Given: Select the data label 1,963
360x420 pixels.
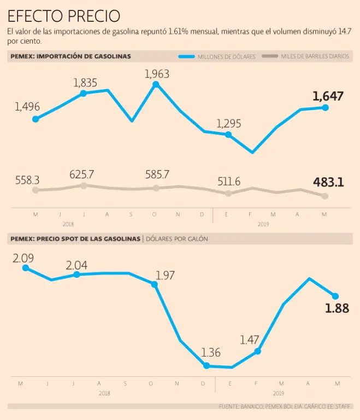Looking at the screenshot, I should coord(157,74).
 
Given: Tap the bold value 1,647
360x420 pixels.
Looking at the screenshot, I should coord(328,97).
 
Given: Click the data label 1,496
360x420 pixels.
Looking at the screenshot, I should coord(27,107).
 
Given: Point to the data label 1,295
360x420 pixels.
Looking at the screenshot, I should coord(228,124).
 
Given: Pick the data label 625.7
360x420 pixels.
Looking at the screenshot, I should coord(82,175).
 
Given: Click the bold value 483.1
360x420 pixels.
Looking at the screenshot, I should coord(328,182).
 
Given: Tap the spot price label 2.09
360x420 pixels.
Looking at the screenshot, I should coord(23,257).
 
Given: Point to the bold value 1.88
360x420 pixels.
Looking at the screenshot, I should coord(337,308).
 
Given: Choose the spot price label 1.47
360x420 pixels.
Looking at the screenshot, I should coord(250,340).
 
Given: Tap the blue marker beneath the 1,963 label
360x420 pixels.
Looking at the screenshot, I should coord(156,84).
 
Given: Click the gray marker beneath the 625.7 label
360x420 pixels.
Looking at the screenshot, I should coord(83,186).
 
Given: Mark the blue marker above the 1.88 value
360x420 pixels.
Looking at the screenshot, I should coord(335,296).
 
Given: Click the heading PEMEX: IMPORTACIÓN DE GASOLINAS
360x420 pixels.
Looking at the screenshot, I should coord(70,56).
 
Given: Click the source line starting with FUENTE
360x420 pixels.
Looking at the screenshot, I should coord(285,406).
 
